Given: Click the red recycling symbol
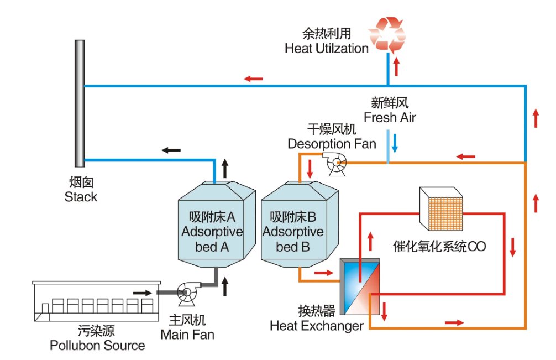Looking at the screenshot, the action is pyautogui.click(x=387, y=34).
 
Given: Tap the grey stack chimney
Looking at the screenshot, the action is pyautogui.click(x=80, y=103).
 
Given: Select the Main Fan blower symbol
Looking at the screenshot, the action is pyautogui.click(x=186, y=293).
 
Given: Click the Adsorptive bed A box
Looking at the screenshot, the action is pyautogui.click(x=216, y=225).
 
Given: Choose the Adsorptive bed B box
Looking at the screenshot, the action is pyautogui.click(x=300, y=225).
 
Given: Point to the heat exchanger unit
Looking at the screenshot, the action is pyautogui.click(x=360, y=286).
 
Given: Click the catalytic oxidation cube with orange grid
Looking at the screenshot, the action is pyautogui.click(x=441, y=209).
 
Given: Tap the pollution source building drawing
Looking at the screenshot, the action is pyautogui.click(x=96, y=301).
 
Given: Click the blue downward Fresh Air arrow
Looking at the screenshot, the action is pyautogui.click(x=395, y=143).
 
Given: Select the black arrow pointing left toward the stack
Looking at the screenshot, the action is pyautogui.click(x=171, y=150).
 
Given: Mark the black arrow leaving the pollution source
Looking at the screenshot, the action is pyautogui.click(x=143, y=293).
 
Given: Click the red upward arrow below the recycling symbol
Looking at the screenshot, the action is pyautogui.click(x=396, y=66).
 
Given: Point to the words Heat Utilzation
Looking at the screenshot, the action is pyautogui.click(x=327, y=49).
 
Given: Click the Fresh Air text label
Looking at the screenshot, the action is pyautogui.click(x=390, y=117).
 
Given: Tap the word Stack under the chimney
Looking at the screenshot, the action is pyautogui.click(x=81, y=197).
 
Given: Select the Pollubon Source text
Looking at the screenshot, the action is pyautogui.click(x=97, y=346).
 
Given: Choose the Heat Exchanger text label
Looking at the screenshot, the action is pyautogui.click(x=317, y=326).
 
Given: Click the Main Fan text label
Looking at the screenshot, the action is pyautogui.click(x=187, y=335).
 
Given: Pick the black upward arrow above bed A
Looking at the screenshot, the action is pyautogui.click(x=225, y=169).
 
